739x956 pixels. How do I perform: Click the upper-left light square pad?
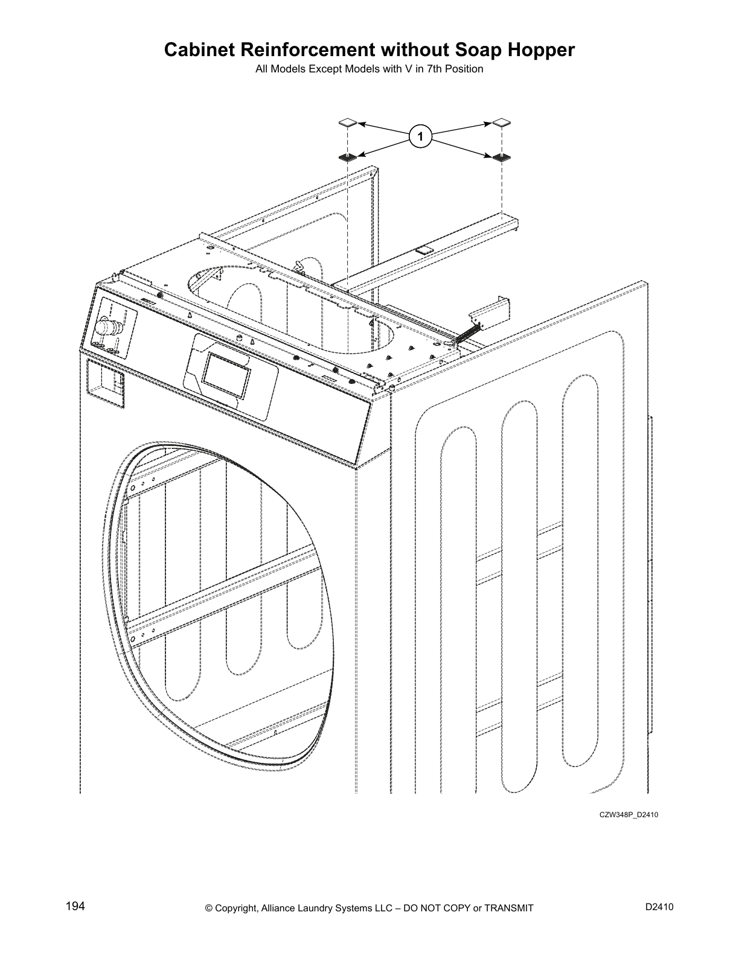(x=348, y=123)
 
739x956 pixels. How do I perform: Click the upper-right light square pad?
(x=501, y=123)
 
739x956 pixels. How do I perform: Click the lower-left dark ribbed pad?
(x=348, y=158)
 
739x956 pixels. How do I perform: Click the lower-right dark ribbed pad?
(x=501, y=158)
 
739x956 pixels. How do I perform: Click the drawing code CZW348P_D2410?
(x=628, y=815)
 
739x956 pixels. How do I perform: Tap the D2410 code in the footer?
(x=659, y=907)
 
